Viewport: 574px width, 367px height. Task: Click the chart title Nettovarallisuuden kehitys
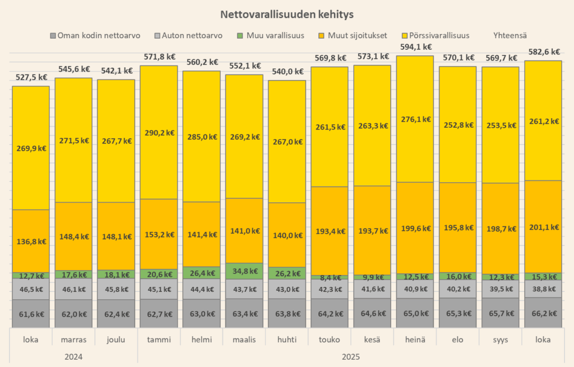coord(286,13)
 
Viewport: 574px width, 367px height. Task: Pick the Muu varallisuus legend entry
coord(274,35)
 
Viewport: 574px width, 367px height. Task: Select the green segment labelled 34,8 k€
coord(244,271)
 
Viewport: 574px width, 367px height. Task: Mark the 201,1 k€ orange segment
coord(543,227)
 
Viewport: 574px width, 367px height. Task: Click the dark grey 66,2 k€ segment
coord(543,313)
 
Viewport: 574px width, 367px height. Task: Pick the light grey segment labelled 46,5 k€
coord(31,290)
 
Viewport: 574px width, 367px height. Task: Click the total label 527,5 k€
coord(31,77)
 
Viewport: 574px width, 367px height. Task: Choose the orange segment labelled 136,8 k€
coord(31,241)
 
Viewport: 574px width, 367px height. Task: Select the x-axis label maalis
coord(244,340)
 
